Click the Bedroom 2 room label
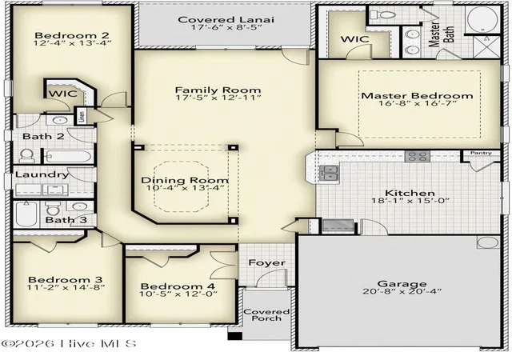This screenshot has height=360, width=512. point(72,35)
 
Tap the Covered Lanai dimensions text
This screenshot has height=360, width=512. point(226,27)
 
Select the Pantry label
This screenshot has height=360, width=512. point(481,153)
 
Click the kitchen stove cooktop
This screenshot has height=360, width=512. point(418,157)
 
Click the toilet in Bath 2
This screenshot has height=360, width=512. point(27,156)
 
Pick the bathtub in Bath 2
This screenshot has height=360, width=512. point(67,157)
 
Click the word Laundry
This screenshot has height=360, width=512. point(42,174)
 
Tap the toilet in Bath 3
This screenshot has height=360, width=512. point(53,208)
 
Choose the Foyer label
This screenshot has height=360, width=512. point(266,262)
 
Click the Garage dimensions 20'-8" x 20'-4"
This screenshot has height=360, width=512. point(402,291)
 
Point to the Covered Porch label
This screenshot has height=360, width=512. point(266,315)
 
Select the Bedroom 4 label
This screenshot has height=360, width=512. point(178,286)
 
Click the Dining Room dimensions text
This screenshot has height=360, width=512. point(186,187)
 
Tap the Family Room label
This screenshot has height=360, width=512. point(218,90)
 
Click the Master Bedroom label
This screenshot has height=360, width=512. point(417,96)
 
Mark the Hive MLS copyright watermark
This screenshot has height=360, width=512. point(69,343)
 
